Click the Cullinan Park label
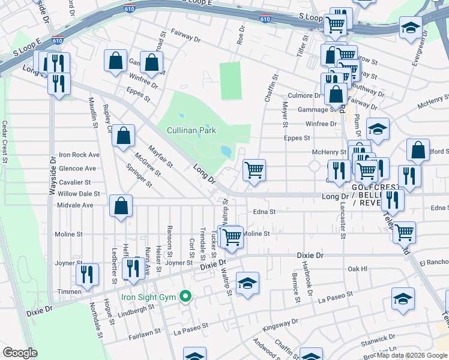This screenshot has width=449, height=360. (x=191, y=130)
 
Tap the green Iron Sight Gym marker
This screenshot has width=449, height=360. (x=186, y=296)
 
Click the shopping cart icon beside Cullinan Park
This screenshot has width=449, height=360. (x=254, y=170)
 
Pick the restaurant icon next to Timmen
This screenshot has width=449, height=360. (x=88, y=274)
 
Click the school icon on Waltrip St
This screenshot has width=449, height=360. (x=247, y=284)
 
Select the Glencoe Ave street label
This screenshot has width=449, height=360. (x=77, y=169)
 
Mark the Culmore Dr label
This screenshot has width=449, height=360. (x=304, y=95)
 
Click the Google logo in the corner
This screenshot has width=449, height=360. (x=20, y=353)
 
